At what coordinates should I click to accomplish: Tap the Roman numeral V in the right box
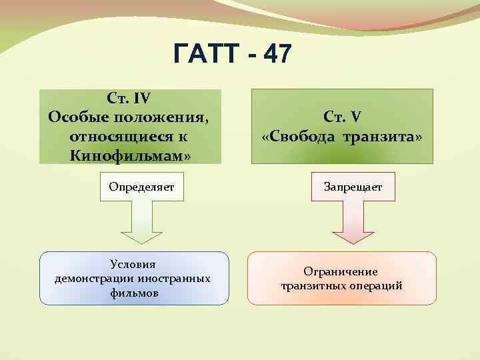[x=356, y=117]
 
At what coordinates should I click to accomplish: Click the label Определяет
[x=141, y=187]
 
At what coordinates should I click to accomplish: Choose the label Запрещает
[x=353, y=187]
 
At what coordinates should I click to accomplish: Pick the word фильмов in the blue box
[x=135, y=293]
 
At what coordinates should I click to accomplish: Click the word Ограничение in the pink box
[x=341, y=271]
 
